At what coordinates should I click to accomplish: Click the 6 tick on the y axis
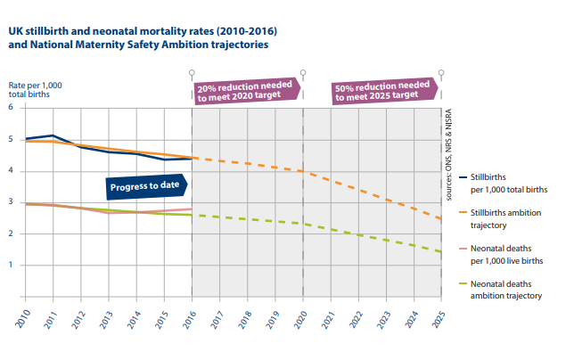pos(11,108)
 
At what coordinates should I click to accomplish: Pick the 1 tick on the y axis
pos(11,265)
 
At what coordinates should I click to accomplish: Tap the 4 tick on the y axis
pos(11,170)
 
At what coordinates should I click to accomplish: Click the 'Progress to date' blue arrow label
pos(141,186)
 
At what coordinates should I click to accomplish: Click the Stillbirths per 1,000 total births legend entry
pos(508,183)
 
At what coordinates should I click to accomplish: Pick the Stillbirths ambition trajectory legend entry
pos(508,218)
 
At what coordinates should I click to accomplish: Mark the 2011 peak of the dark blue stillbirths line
pos(53,135)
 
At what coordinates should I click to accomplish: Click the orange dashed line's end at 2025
pos(440,218)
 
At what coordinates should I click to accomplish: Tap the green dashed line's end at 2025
pos(440,252)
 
